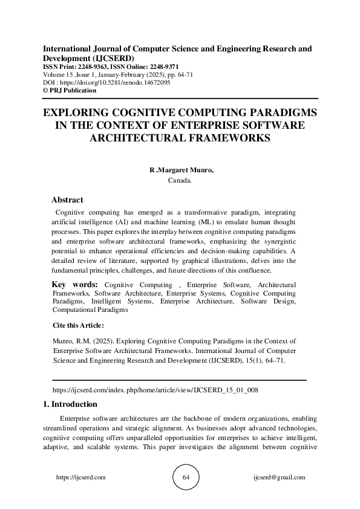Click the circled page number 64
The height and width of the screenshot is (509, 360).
186,478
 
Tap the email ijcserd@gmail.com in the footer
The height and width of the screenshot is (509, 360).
279,478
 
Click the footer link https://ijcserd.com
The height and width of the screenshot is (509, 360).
80,478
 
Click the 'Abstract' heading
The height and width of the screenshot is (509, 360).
67,199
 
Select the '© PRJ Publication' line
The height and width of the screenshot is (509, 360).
70,90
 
